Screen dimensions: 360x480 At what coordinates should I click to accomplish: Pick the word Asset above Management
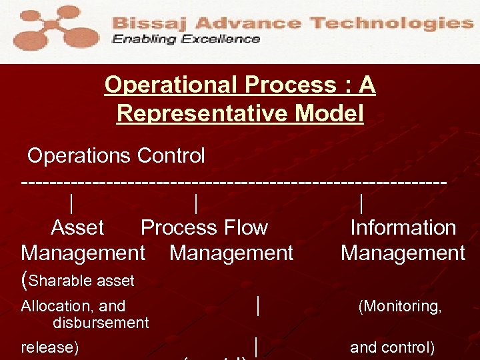point(77,228)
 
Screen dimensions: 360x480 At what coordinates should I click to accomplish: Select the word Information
point(403,228)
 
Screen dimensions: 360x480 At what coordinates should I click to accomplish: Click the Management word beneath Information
point(403,253)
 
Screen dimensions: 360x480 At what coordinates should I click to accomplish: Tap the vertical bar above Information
point(361,203)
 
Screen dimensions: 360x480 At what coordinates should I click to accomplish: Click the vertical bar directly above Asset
point(71,203)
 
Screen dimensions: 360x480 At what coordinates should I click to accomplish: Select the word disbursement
point(100,323)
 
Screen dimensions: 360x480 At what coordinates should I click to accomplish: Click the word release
point(47,348)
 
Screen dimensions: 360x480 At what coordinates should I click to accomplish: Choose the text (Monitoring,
point(399,307)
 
